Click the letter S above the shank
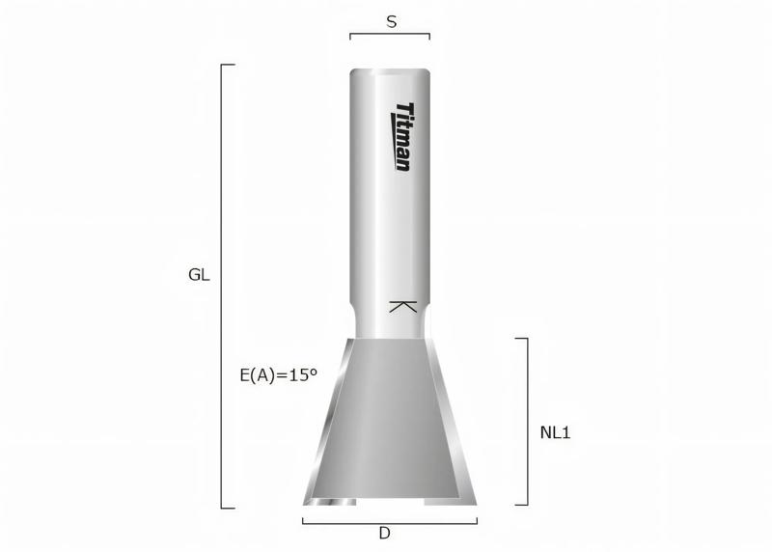coord(391,19)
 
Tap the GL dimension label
coord(199,274)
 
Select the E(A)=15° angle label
coord(278,374)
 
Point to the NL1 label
coord(555,432)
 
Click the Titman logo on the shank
coord(403,137)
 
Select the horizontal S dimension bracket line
coord(390,35)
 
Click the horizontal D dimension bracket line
coord(390,523)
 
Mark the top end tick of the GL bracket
coord(229,65)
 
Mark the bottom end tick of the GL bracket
coord(229,507)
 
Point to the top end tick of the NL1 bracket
coord(521,339)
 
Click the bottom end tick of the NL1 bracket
coord(521,504)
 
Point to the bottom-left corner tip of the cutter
coord(307,502)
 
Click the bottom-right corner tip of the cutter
coord(474,502)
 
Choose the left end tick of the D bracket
coord(303,521)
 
